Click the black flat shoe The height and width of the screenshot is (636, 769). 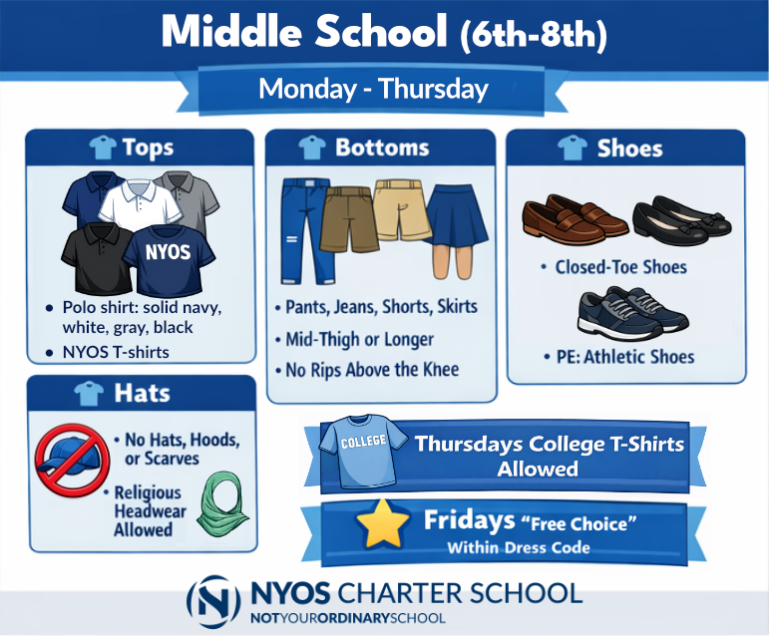[x=672, y=218]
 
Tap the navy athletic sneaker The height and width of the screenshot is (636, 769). [x=631, y=312]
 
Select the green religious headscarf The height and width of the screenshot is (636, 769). [x=220, y=504]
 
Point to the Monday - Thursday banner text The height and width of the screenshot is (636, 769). [x=373, y=89]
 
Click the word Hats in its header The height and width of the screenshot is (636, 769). [x=143, y=393]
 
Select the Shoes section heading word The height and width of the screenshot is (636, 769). [x=629, y=149]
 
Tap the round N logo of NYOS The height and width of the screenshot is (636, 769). [x=213, y=599]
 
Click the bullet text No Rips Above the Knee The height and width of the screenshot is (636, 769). [x=373, y=369]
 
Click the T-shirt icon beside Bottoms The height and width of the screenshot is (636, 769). [x=312, y=148]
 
